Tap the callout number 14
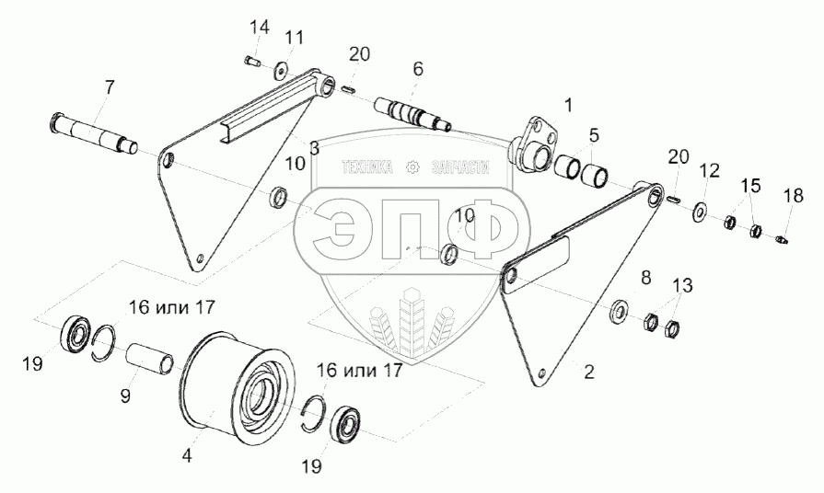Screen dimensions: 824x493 click(x=261, y=28)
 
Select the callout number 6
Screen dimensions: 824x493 click(x=418, y=68)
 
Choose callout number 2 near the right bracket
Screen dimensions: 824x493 click(x=588, y=373)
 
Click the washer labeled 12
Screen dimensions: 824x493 click(x=700, y=212)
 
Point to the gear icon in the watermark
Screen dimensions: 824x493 click(x=412, y=167)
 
